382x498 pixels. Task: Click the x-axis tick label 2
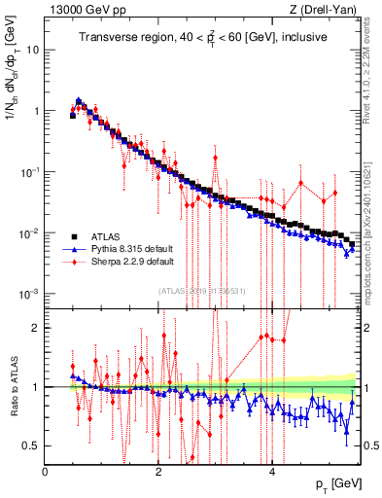point(158,472)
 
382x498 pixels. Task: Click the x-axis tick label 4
point(272,472)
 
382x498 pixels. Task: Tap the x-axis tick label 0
point(46,472)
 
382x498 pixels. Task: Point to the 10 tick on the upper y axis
point(32,49)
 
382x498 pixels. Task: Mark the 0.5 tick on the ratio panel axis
point(31,445)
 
